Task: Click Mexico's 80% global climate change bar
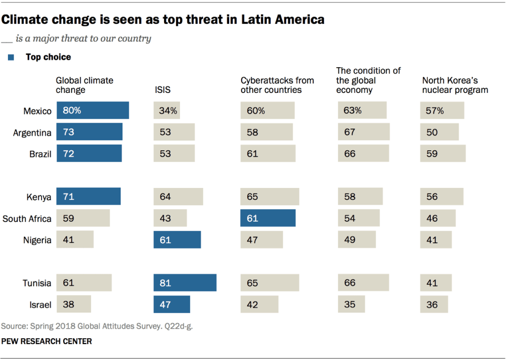point(92,111)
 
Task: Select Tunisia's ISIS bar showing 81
point(185,283)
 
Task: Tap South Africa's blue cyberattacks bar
point(268,218)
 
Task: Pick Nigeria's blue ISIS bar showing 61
point(177,240)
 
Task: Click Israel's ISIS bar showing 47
point(171,305)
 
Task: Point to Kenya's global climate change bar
point(88,197)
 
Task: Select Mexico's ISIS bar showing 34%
point(167,111)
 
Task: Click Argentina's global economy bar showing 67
point(364,132)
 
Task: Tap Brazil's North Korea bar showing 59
point(443,154)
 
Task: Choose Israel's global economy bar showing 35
point(351,304)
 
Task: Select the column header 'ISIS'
point(163,90)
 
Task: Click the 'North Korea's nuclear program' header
point(455,85)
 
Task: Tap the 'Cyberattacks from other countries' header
point(277,85)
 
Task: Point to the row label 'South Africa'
point(27,219)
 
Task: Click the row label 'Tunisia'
point(37,283)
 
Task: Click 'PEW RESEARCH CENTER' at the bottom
point(46,341)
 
